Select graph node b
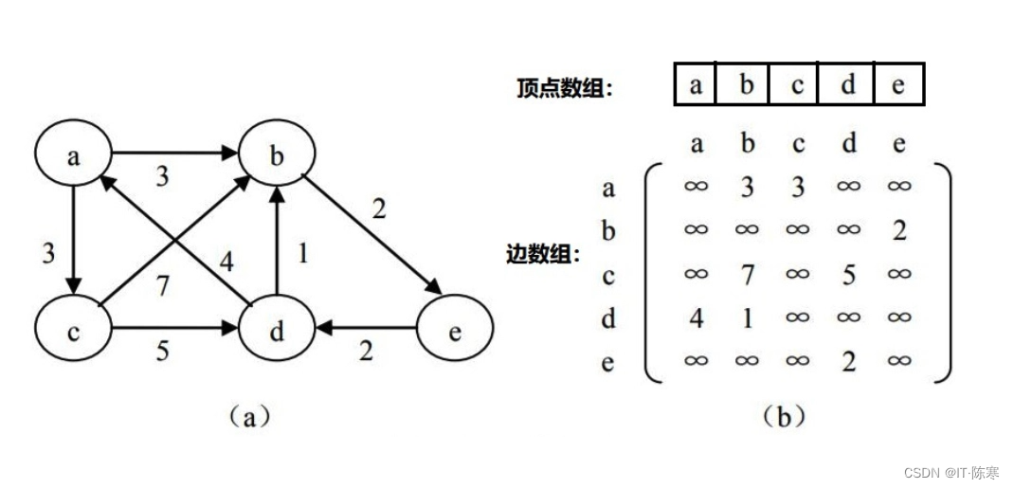point(277,156)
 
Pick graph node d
point(277,331)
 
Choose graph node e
point(455,331)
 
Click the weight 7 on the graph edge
point(162,285)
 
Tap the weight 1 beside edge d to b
point(301,254)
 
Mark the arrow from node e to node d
point(366,330)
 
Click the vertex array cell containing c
point(798,85)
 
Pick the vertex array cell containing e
point(898,85)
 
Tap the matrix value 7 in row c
point(748,275)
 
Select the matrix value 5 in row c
point(849,275)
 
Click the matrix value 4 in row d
point(697,318)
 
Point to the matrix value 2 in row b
point(899,230)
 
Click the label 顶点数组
point(565,89)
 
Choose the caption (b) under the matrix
point(783,416)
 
